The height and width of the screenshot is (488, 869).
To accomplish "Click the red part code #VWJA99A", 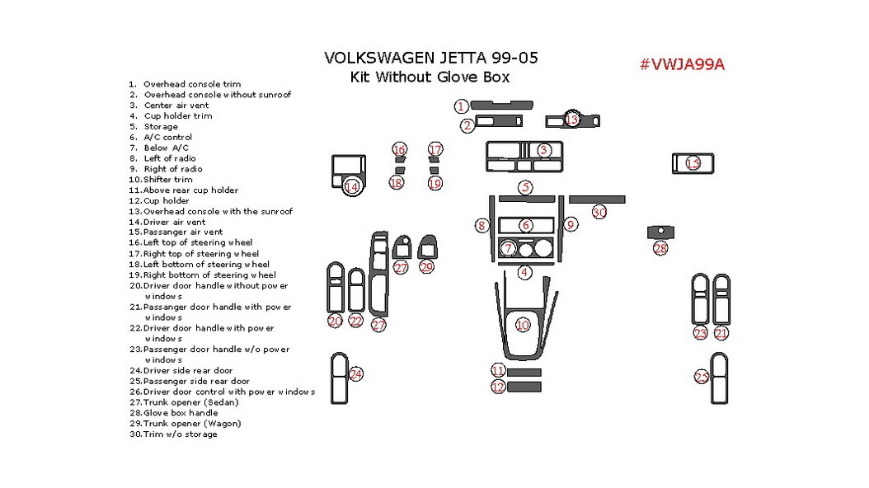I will (682, 65).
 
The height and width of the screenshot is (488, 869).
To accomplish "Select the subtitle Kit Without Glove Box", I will (430, 77).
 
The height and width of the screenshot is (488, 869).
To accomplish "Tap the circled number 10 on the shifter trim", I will (523, 325).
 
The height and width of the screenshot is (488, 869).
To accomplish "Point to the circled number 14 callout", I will (352, 187).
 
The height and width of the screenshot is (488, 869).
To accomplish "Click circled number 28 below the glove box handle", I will (660, 248).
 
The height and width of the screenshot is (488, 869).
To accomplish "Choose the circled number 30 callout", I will (599, 212).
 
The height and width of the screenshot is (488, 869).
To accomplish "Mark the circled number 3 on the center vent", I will (544, 150).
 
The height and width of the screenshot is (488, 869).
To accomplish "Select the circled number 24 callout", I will (355, 374).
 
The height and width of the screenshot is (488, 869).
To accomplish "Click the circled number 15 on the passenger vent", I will (693, 163).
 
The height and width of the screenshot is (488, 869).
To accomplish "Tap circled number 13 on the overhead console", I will (571, 120).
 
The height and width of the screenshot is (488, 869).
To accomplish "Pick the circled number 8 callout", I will (481, 225).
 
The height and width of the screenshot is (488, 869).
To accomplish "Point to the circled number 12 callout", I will (498, 387).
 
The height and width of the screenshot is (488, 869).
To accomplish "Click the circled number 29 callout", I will (426, 266).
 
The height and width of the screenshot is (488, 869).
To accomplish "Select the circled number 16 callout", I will (399, 150).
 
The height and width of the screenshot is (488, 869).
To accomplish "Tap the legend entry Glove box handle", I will (180, 413).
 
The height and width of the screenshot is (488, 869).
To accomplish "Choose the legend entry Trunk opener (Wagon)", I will (191, 424).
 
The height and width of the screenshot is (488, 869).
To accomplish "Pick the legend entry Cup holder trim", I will (177, 116).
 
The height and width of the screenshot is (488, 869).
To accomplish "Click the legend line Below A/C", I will (166, 148).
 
